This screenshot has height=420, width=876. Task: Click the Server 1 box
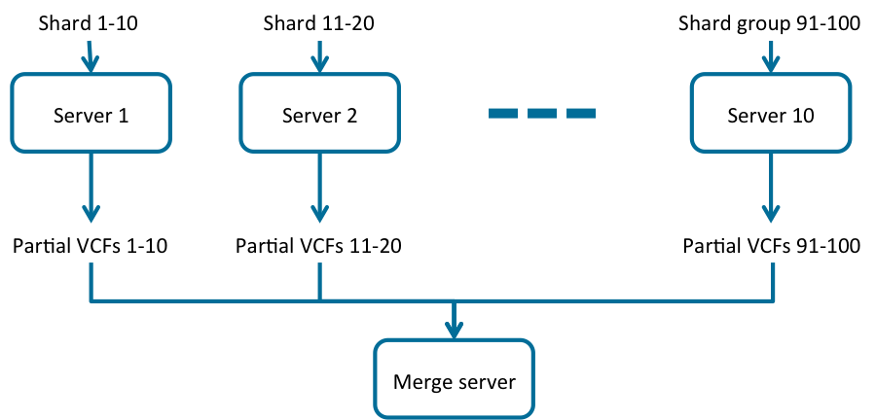[91, 114]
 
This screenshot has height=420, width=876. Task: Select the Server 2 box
[319, 114]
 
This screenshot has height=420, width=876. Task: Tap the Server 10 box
[770, 114]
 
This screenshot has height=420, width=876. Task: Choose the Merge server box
[454, 378]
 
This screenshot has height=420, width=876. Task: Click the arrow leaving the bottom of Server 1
[91, 190]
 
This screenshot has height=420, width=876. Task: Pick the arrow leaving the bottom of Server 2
[319, 190]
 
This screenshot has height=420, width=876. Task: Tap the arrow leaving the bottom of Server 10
[771, 190]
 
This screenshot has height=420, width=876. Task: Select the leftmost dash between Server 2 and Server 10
[503, 114]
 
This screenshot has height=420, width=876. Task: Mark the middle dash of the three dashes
[542, 114]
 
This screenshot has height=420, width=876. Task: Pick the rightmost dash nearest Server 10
[580, 114]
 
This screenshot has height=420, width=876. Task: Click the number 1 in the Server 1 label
[123, 116]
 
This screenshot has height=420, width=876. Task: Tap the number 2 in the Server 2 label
[351, 116]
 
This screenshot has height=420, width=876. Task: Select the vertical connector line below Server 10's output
[774, 282]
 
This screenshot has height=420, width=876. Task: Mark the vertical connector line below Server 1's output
[91, 282]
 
